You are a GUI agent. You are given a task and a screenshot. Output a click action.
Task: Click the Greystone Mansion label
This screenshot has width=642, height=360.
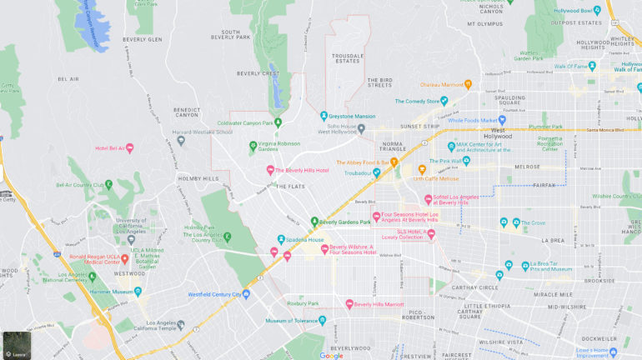coord(353,117)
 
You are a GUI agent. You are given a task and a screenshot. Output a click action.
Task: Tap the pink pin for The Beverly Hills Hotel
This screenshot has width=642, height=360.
coord(270,170)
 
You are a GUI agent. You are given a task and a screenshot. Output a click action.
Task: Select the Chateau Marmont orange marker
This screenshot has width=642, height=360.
coord(469,83)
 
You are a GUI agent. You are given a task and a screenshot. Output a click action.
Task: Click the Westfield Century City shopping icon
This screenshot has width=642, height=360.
coord(246,294)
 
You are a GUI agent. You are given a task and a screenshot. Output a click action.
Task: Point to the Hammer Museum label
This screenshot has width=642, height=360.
coord(113,292)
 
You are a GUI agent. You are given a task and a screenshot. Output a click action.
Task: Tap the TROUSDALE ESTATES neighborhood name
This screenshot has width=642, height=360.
coord(348,57)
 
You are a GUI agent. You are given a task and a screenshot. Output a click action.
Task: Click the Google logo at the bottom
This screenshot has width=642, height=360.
coord(331,355)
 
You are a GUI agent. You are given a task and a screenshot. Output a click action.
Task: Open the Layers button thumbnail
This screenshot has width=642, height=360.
coord(15,345)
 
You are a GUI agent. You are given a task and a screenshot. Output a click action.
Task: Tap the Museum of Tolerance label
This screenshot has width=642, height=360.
coord(293,321)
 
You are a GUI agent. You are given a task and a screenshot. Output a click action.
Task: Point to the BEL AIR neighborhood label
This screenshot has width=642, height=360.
coord(68,80)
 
